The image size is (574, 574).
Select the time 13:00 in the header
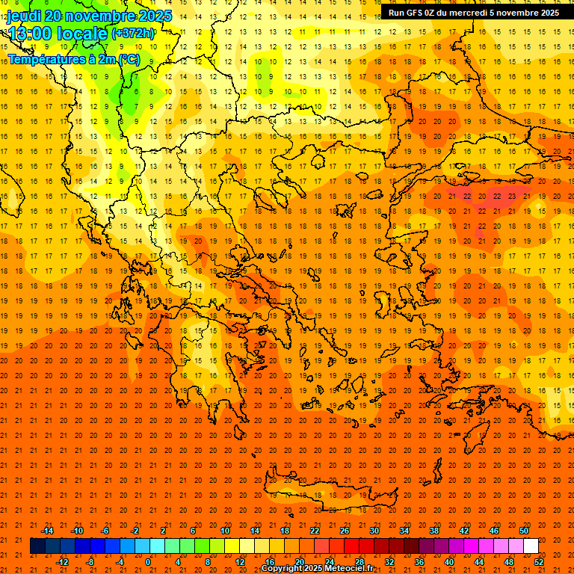click(x=31, y=34)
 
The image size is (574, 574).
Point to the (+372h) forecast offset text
click(x=132, y=34)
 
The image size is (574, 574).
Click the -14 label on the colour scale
click(x=46, y=531)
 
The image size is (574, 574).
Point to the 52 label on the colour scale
click(x=540, y=562)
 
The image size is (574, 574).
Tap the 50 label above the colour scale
click(x=524, y=531)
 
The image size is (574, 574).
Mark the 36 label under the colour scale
click(x=419, y=562)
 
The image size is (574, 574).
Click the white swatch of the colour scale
click(x=531, y=546)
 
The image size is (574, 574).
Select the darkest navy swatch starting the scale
click(x=37, y=546)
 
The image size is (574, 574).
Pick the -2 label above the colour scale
click(x=135, y=531)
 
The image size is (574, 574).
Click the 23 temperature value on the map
click(x=512, y=196)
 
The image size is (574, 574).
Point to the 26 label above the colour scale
click(x=345, y=531)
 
